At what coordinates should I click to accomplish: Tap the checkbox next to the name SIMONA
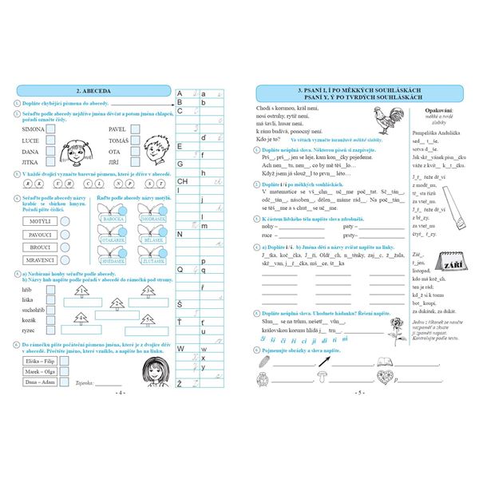(x=52, y=129)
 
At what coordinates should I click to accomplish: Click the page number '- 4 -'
(x=120, y=393)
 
